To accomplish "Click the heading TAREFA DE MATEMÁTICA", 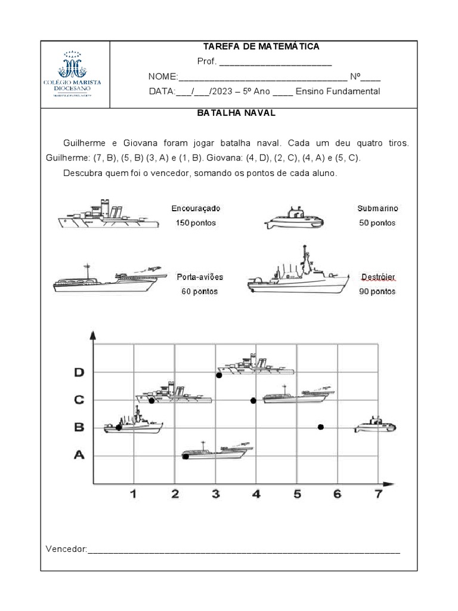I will pyautogui.click(x=261, y=47).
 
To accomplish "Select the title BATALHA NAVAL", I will pyautogui.click(x=236, y=113).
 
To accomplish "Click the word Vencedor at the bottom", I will pyautogui.click(x=66, y=548).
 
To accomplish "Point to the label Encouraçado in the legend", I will pyautogui.click(x=196, y=209).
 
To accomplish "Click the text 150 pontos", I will pyautogui.click(x=196, y=223).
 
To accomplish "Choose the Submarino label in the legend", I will pyautogui.click(x=377, y=209).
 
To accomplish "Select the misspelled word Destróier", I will pyautogui.click(x=378, y=277).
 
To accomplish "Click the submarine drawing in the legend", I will pyautogui.click(x=294, y=220).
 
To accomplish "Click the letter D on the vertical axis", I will pyautogui.click(x=79, y=372).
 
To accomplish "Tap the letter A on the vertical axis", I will pyautogui.click(x=79, y=455).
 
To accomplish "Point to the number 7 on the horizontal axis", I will pyautogui.click(x=378, y=494).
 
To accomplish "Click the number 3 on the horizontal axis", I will pyautogui.click(x=216, y=494).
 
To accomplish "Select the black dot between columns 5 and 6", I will pyautogui.click(x=321, y=427).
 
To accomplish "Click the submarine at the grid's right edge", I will pyautogui.click(x=375, y=425).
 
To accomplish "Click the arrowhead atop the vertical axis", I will pyautogui.click(x=92, y=335).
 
